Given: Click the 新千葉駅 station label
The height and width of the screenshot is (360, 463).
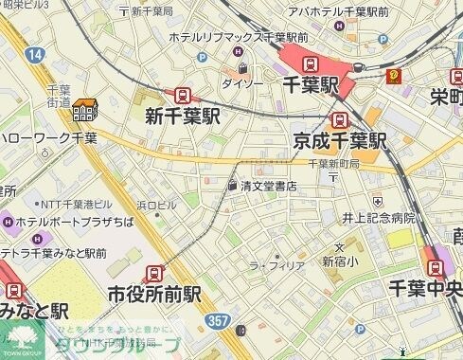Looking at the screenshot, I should [182, 117].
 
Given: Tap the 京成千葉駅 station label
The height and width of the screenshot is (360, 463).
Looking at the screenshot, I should [341, 141].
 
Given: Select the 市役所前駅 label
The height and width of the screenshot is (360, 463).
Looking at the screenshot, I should [155, 293].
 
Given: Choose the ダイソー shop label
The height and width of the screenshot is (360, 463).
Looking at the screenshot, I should [242, 83].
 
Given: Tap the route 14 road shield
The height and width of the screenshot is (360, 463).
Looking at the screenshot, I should [36, 57].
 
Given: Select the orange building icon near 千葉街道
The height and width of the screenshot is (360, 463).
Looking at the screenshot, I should [85, 112].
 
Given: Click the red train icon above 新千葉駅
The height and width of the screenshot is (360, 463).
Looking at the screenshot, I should [180, 96].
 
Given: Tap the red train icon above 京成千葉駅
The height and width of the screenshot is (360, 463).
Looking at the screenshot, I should [339, 119].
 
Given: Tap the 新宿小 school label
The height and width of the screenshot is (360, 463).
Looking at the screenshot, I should [339, 261].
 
